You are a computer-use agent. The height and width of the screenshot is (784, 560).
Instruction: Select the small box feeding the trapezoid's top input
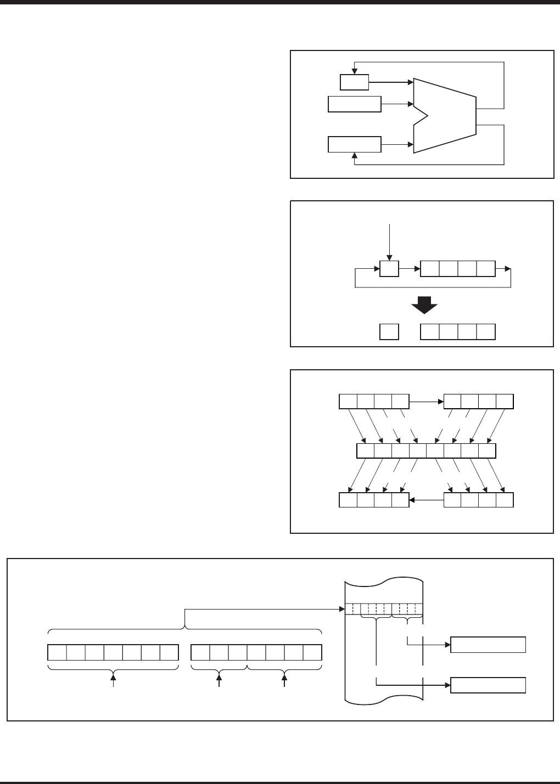354,82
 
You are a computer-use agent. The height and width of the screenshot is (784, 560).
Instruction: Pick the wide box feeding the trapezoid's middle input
354,104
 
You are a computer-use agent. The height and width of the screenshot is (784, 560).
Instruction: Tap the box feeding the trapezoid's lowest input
354,144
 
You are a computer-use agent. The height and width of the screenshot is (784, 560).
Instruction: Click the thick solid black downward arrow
424,305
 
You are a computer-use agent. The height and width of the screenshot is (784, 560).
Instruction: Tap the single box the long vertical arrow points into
389,269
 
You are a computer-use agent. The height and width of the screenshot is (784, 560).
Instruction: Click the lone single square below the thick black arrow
389,332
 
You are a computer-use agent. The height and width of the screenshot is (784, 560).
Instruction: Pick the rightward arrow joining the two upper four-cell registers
427,402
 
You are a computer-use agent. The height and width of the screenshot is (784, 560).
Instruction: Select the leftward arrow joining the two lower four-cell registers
427,500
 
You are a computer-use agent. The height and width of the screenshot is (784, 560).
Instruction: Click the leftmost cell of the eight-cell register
366,451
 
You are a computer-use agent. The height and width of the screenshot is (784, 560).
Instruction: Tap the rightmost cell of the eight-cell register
487,451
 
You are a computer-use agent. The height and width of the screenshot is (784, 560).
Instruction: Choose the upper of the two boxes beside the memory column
488,645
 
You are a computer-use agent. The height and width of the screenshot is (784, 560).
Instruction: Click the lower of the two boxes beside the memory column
488,685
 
